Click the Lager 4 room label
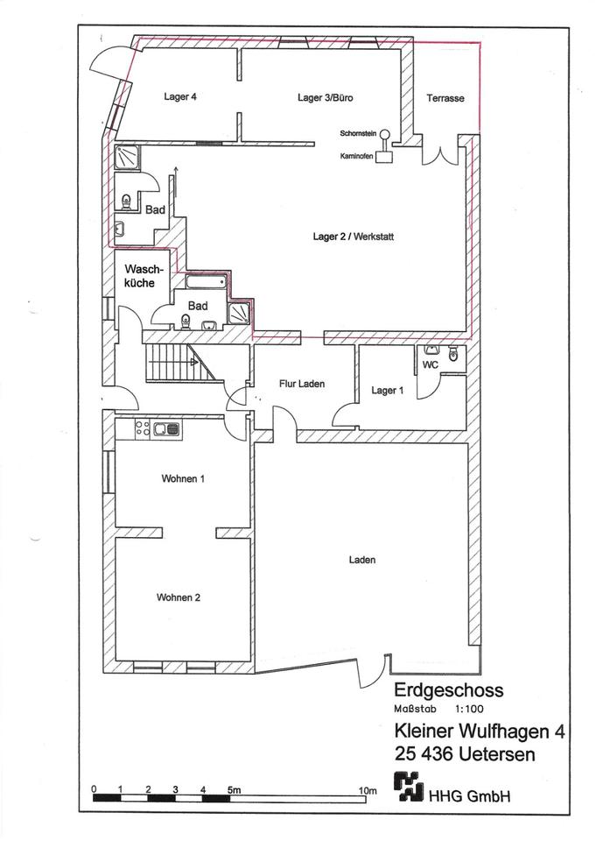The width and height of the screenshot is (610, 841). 179,97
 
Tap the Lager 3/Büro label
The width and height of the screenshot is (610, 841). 325,97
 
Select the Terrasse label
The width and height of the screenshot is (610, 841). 445,98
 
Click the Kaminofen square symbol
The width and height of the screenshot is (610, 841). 384,158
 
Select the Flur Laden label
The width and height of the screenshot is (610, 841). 301,384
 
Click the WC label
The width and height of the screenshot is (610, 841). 430,364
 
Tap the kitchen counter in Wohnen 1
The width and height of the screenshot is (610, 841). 158,428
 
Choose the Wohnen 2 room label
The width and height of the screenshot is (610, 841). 179,597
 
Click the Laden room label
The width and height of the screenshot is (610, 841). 361,559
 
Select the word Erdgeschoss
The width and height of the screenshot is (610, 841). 448,689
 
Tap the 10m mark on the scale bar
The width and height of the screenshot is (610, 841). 368,790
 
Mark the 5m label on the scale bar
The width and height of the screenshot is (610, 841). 234,790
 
